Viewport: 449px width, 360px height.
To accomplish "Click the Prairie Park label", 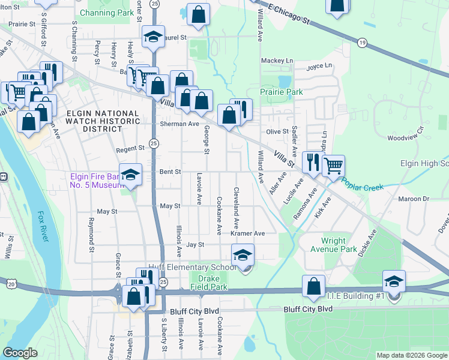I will (281, 92).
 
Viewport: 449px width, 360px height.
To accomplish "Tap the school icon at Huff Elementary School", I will (243, 256).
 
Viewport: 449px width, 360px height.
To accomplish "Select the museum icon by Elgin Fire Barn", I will (130, 175).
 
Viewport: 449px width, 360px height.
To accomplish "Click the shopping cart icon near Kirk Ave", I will (333, 166).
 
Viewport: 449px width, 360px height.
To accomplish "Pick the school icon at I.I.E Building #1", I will (394, 282).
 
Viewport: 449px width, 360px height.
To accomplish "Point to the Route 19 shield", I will (361, 43).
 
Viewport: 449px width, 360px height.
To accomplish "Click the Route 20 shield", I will (11, 283).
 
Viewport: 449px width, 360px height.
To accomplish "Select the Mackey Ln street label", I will (277, 61).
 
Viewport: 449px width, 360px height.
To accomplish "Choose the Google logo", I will (20, 353).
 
